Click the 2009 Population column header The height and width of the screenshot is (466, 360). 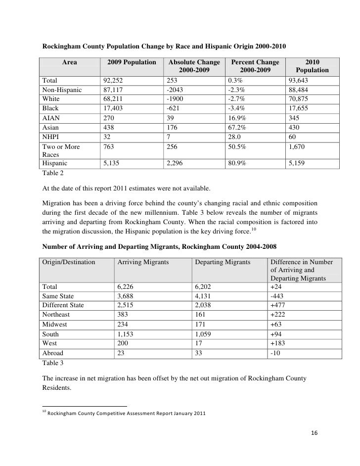pos(132,62)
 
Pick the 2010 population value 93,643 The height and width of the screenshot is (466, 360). pos(299,80)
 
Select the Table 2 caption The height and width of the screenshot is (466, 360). pos(52,174)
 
